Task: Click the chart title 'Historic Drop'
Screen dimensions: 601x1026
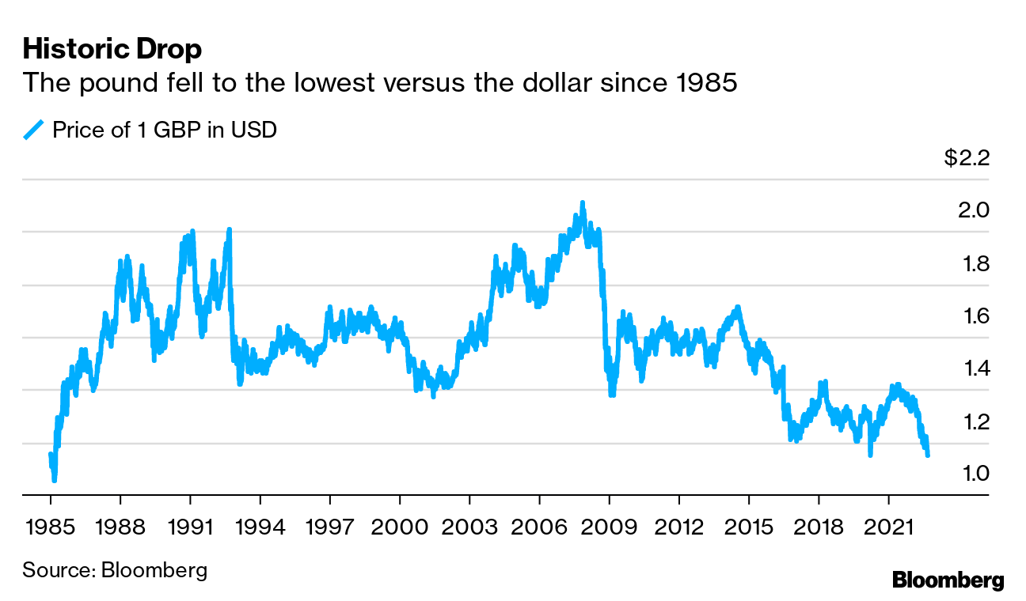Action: [x=112, y=49]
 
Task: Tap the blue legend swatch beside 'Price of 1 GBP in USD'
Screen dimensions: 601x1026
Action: [x=34, y=130]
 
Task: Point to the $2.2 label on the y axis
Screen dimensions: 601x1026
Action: [x=967, y=158]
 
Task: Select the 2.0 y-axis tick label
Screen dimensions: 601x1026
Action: [x=973, y=210]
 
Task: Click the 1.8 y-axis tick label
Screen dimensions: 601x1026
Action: [x=973, y=263]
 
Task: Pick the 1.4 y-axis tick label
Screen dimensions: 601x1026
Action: [x=973, y=369]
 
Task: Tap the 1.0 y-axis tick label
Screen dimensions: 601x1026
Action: [x=973, y=474]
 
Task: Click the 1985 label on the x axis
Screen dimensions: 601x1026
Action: [x=50, y=527]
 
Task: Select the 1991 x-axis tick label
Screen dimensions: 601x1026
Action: [x=190, y=527]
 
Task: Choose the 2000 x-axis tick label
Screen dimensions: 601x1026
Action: [x=400, y=527]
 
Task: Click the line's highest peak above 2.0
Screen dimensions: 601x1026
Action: [x=583, y=203]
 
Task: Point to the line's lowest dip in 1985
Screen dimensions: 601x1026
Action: [x=54, y=479]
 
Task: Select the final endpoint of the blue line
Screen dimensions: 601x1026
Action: [x=928, y=455]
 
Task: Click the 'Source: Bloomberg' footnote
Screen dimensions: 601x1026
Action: [x=115, y=570]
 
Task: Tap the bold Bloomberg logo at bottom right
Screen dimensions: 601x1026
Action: [x=948, y=580]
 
